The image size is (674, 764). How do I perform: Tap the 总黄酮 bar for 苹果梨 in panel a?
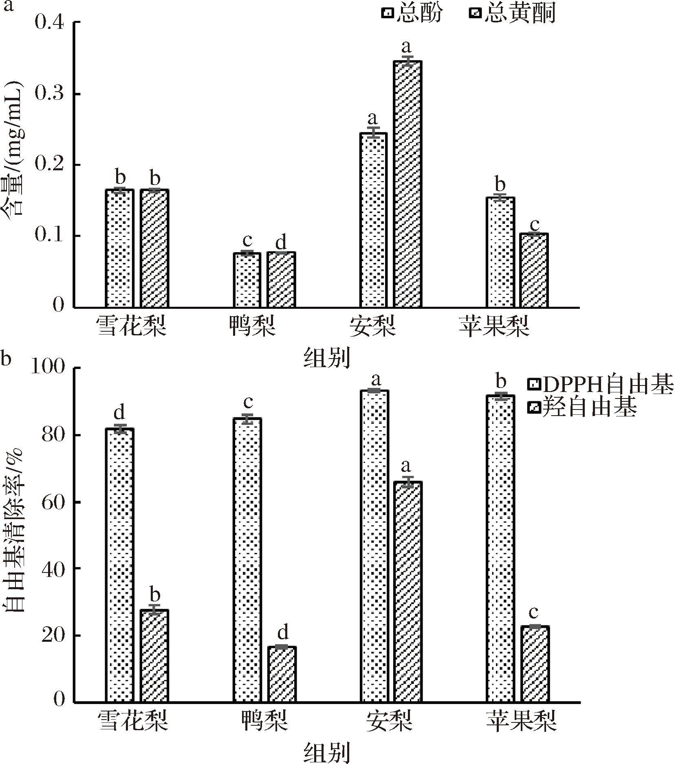pos(535,270)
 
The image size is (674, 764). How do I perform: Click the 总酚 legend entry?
pos(412,13)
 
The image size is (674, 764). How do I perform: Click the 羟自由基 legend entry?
pos(583,407)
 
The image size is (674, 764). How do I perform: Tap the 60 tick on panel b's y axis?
pos(53,502)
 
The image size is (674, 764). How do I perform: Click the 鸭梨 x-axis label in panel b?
pos(265,720)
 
